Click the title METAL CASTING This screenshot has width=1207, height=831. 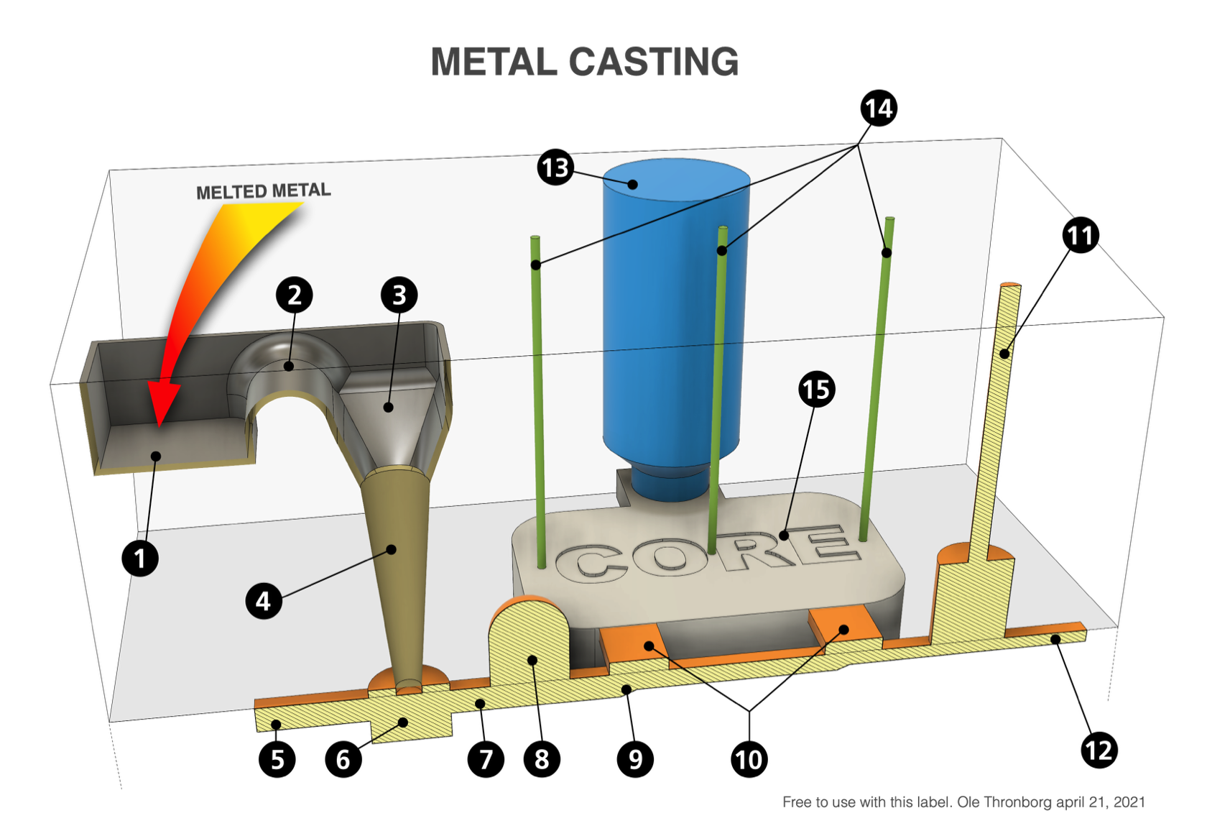[584, 61]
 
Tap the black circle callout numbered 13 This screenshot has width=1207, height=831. [555, 168]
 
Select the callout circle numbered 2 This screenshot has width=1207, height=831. [294, 295]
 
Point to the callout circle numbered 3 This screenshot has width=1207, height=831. [399, 295]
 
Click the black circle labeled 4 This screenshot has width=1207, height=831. [264, 601]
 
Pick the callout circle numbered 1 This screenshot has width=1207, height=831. [141, 558]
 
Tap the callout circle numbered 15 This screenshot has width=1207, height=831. [817, 390]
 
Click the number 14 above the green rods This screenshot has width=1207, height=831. [878, 109]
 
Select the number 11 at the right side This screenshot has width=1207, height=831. [1079, 236]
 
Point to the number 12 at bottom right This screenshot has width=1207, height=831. [1099, 751]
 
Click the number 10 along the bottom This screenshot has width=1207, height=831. [748, 760]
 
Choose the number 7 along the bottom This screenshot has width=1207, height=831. [486, 760]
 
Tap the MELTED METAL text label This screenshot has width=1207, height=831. [263, 192]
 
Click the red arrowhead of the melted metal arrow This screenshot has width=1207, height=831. [162, 403]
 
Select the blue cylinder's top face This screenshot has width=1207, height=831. [675, 180]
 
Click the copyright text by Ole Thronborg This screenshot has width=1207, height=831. [963, 802]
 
